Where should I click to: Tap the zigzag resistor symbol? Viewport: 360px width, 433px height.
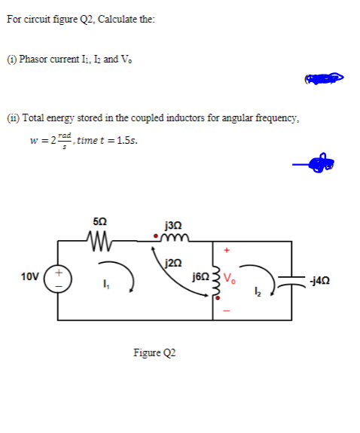point(99,242)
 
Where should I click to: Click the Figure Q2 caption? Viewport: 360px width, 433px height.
point(154,353)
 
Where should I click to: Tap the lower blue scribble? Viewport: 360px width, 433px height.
point(315,161)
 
